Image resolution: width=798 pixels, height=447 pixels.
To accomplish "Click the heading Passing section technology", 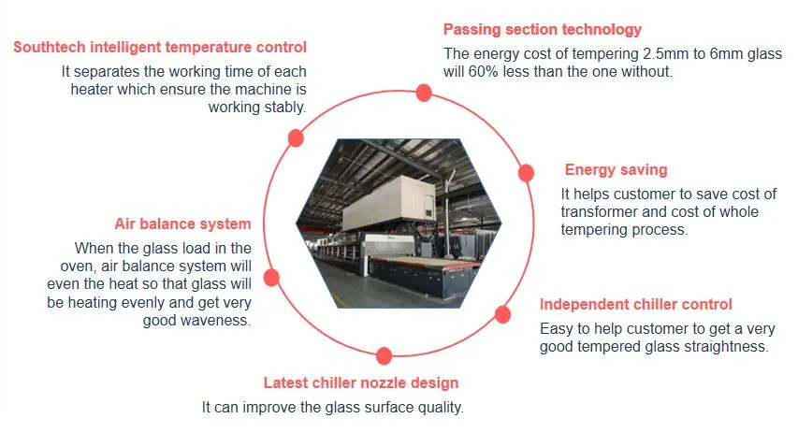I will point(543,30).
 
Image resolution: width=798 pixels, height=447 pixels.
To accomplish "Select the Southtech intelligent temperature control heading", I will point(160,47).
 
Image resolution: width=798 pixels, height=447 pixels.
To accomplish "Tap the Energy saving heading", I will point(616,170).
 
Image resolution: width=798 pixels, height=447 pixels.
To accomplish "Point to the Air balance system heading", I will point(182,224).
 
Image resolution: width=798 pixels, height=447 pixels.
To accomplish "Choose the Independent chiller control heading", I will point(636,305).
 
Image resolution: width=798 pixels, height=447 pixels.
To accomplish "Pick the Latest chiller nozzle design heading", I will point(360,383).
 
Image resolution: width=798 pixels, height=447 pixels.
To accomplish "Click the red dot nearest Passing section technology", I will point(424,92).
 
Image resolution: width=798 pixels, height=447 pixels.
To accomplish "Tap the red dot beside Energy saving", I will point(526,173).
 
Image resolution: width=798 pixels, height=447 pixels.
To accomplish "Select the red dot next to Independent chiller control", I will point(502,314).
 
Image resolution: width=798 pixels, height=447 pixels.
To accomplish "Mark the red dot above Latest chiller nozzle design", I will point(384,355).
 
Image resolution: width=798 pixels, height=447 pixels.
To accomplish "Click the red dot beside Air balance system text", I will point(272,278).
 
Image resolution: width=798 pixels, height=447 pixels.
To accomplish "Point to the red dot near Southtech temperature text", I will point(296,138).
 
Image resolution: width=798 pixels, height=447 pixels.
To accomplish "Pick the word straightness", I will point(723,347).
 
